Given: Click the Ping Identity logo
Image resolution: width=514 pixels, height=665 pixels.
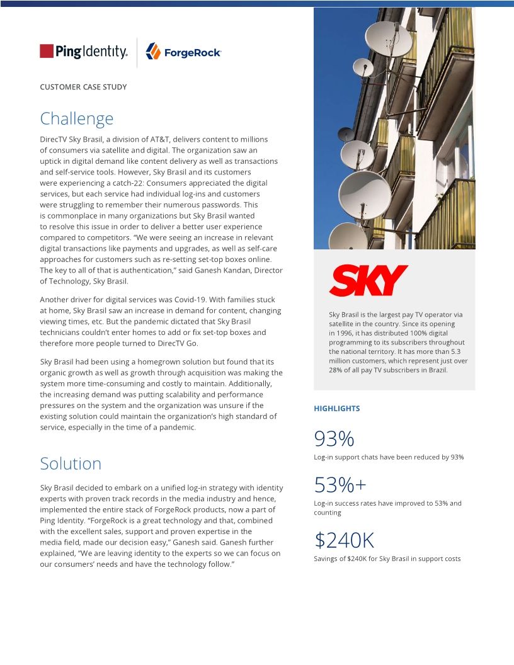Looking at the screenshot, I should (83, 52).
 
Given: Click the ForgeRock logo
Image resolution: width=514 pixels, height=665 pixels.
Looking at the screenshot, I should (183, 52).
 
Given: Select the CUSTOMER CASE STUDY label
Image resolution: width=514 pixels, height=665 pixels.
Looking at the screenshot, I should (83, 87).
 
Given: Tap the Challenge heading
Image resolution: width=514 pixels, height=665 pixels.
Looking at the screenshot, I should (76, 118).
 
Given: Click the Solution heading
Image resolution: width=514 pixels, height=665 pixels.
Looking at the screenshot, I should (71, 463).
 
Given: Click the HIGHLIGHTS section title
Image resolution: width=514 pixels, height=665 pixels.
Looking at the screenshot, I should (336, 409).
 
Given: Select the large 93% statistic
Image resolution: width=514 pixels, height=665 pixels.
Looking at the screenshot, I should (334, 438).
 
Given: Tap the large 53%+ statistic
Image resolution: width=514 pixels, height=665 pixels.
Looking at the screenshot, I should (340, 485).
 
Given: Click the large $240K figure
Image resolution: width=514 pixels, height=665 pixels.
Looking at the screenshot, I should (344, 540).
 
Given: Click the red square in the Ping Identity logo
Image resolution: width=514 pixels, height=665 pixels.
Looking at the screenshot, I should (47, 51).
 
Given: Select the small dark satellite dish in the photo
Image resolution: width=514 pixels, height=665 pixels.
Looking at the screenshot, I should (346, 134).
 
